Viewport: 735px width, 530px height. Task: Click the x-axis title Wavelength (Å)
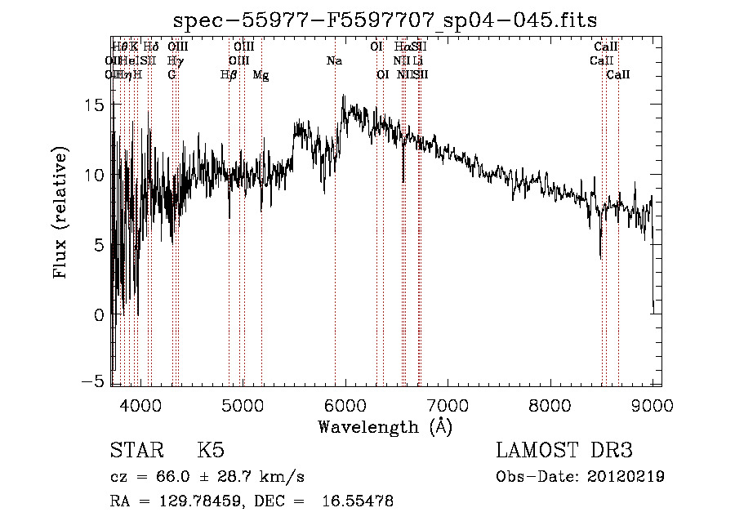[385, 426]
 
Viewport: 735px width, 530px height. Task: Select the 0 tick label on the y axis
[99, 314]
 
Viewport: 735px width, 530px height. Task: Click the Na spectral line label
[334, 61]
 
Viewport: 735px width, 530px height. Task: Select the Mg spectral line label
[261, 75]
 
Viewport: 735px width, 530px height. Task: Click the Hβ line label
[229, 75]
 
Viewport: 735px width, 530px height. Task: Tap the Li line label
[417, 61]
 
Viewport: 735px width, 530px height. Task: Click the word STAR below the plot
[135, 452]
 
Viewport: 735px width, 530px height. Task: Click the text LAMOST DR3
[563, 452]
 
